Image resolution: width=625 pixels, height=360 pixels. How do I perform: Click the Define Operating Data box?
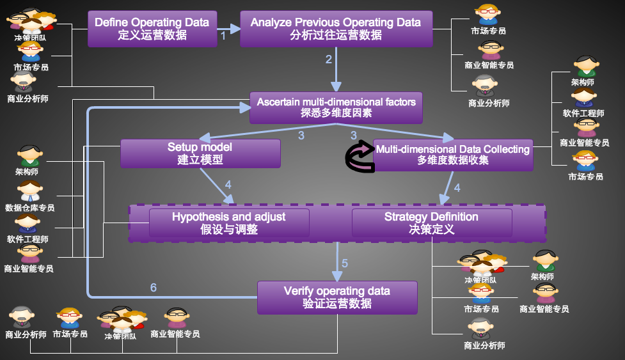tap(152, 28)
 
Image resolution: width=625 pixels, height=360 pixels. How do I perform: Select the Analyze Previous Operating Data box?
tap(336, 28)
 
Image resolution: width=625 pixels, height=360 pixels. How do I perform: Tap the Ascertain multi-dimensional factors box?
tap(336, 107)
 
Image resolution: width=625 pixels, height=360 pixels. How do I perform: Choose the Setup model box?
tap(200, 153)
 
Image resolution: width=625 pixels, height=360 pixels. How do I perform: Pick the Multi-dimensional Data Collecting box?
tap(453, 155)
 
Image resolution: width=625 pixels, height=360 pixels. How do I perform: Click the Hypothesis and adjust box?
tap(229, 223)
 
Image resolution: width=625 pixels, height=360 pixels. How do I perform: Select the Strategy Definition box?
tap(432, 223)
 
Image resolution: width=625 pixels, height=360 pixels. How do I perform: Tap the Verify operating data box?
tap(337, 297)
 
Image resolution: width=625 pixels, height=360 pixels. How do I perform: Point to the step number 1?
tap(223, 36)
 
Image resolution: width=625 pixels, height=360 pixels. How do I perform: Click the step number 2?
tap(329, 59)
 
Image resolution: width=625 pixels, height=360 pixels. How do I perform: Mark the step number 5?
tap(345, 263)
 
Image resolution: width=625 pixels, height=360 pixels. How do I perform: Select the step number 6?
tap(154, 288)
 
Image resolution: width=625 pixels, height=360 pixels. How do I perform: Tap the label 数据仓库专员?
tap(30, 208)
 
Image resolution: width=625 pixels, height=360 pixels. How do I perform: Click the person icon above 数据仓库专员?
tap(30, 191)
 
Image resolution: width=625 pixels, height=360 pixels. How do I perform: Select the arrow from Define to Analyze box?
tap(228, 28)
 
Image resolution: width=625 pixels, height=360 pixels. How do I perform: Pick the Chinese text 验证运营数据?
tap(337, 304)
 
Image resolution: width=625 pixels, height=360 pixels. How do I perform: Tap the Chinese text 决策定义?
tap(432, 229)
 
